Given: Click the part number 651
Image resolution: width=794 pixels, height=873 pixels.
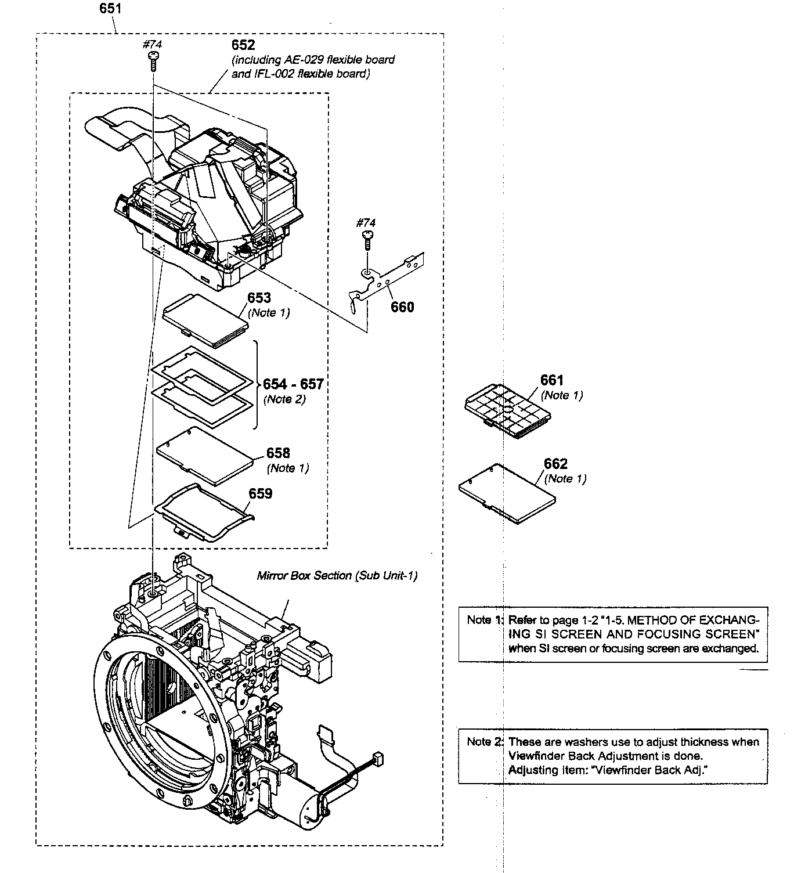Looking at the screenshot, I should pos(110,8).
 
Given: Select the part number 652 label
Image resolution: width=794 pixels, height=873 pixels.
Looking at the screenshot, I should pos(243,45).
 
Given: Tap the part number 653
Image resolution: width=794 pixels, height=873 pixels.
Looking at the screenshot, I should pos(259,298).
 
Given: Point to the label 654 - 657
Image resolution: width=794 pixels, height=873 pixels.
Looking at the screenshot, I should pos(293,384).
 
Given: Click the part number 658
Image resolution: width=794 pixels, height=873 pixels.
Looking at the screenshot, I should pos(278,453).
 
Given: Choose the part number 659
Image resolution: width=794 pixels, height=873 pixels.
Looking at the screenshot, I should pos(260,493).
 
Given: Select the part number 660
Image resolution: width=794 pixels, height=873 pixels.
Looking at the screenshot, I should pos(402,307).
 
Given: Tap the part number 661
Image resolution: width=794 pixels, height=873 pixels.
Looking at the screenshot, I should pos(552,380).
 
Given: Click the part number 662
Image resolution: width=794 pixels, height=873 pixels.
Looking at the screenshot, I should pos(555,464).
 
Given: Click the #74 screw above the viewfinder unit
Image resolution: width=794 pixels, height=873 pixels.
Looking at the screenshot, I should pos(154,59).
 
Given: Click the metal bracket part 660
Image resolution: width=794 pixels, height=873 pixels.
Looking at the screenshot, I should pos(389,279).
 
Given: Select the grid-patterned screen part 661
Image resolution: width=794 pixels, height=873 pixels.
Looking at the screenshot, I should pos(508,410).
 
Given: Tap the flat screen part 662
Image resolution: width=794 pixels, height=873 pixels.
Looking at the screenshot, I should pos(506,494).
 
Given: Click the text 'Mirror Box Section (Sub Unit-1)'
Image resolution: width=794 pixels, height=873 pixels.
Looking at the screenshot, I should pos(337,575).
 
